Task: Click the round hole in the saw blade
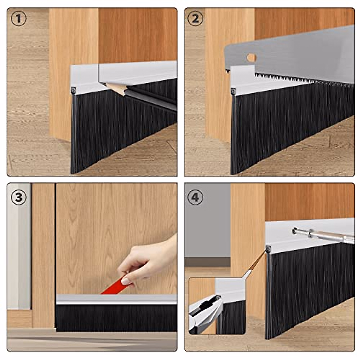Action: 252,57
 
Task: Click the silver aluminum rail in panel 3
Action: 117,299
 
